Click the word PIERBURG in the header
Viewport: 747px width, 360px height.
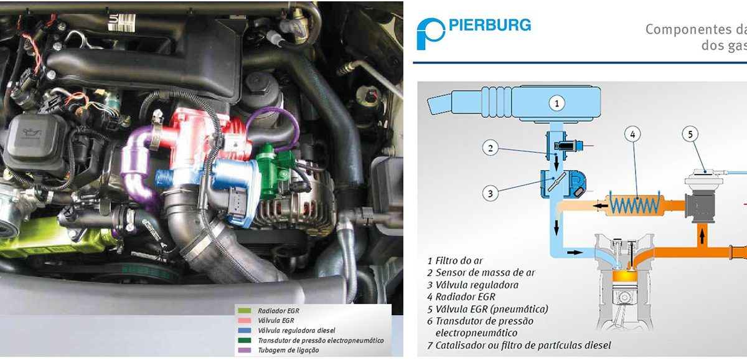pyautogui.click(x=490, y=26)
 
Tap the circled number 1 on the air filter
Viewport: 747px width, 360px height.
pyautogui.click(x=557, y=103)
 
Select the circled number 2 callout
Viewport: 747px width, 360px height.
pyautogui.click(x=491, y=148)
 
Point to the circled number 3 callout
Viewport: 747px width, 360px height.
pyautogui.click(x=491, y=194)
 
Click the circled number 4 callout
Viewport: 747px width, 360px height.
pyautogui.click(x=632, y=135)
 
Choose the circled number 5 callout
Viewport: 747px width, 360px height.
pyautogui.click(x=690, y=135)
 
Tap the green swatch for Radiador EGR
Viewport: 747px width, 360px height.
pyautogui.click(x=245, y=311)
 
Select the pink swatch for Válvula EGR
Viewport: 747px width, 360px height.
pyautogui.click(x=245, y=321)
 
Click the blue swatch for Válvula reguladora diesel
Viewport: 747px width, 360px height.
pyautogui.click(x=245, y=331)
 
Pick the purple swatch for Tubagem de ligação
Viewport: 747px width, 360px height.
pyautogui.click(x=245, y=350)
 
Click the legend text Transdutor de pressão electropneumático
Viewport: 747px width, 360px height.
pyautogui.click(x=321, y=341)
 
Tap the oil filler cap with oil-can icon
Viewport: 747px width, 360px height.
pyautogui.click(x=32, y=138)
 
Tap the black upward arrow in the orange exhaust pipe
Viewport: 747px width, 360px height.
pyautogui.click(x=702, y=237)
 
